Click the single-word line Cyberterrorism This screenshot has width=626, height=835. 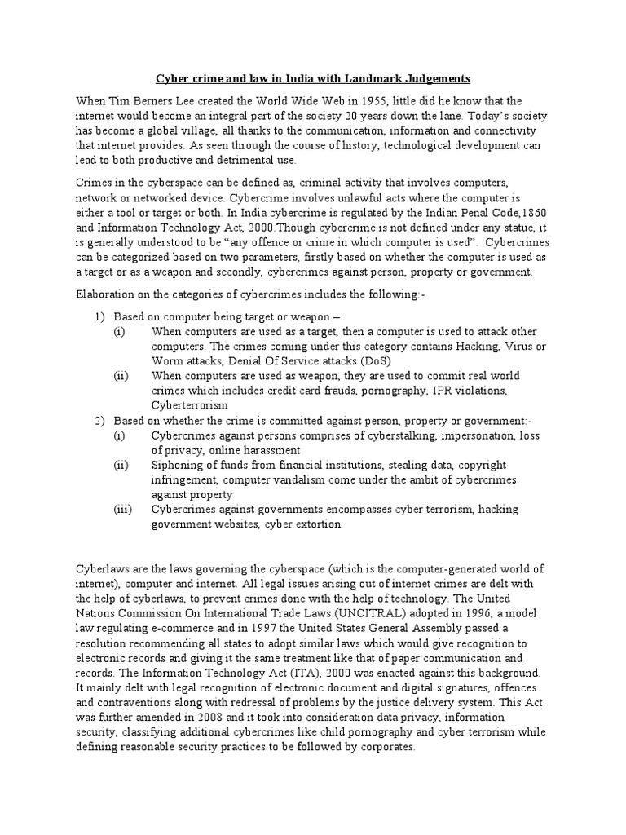click(x=189, y=404)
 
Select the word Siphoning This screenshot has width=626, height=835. click(x=177, y=465)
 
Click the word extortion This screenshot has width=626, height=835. click(x=315, y=524)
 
